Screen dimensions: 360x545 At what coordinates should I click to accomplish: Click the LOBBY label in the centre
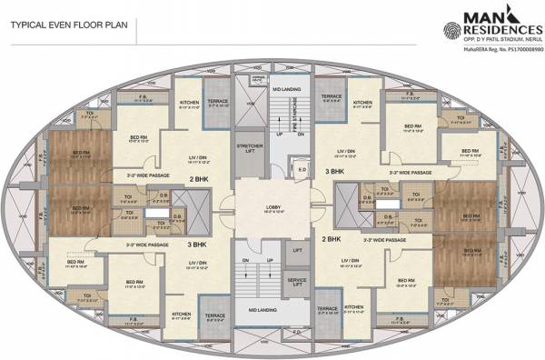272,207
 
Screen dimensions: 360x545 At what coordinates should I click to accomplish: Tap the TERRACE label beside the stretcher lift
218,104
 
